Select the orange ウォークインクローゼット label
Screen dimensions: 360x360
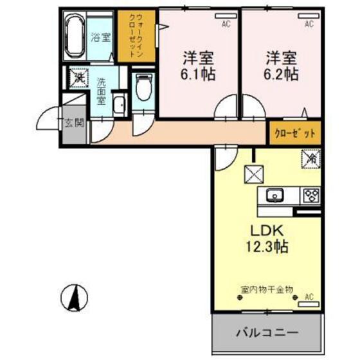pos(136,36)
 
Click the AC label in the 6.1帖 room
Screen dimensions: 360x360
pos(226,24)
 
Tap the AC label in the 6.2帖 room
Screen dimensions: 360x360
pos(309,24)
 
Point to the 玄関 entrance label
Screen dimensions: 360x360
pos(74,123)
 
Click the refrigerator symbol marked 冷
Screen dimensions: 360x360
pos(309,157)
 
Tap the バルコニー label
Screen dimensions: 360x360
pos(265,334)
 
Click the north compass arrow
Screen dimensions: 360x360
pos(75,297)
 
